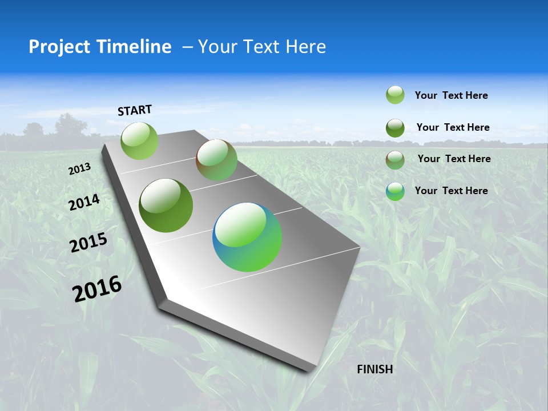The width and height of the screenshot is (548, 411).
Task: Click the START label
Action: pos(135,110)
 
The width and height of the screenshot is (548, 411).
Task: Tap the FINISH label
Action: pos(374,369)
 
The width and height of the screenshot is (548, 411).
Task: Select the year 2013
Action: pos(79,169)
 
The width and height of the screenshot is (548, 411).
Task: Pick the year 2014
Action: pos(84,203)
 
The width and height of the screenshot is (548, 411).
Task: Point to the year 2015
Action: pos(88,243)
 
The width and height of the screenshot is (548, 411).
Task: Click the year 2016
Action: pos(97,288)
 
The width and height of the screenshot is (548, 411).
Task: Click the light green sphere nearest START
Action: pos(139,140)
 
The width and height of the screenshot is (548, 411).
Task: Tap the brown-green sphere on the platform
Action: pos(216,160)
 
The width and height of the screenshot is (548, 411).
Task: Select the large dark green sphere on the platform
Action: pos(166,205)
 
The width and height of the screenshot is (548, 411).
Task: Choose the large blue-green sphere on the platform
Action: pos(247,237)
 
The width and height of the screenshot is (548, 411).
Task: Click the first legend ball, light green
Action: pos(395,95)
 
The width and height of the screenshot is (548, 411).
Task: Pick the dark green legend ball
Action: pos(395,128)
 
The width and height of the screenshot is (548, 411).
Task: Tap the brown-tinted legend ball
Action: pos(395,160)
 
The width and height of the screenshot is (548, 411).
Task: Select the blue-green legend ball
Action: pos(395,191)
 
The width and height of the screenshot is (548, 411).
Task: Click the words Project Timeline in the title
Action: pos(100,47)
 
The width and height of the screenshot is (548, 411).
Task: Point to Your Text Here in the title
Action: pos(262,47)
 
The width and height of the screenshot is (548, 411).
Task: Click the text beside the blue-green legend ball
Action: pos(451,191)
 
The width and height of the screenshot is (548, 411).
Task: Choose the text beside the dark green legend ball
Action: pos(453,127)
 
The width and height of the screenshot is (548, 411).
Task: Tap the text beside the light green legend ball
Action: pos(451,95)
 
